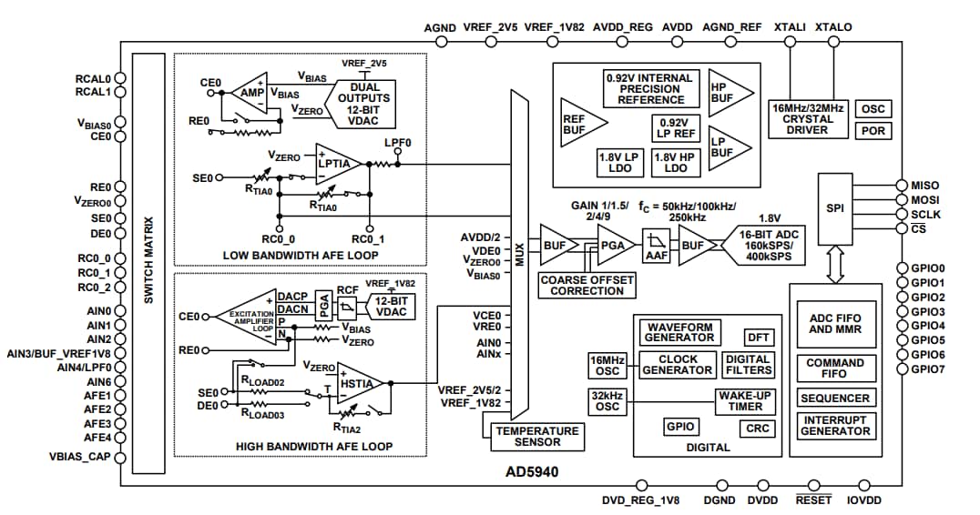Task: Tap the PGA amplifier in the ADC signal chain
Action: (x=612, y=243)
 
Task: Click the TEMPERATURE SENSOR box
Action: (x=536, y=437)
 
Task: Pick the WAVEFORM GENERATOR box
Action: (x=679, y=331)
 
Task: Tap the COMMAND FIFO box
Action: (x=835, y=368)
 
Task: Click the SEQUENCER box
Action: (x=835, y=398)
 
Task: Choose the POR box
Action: (x=873, y=130)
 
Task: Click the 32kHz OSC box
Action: (x=607, y=400)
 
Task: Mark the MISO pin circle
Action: (x=902, y=186)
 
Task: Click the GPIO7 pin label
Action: (x=927, y=369)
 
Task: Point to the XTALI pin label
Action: (x=789, y=27)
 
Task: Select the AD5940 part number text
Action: (x=532, y=472)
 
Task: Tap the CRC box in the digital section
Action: (x=757, y=428)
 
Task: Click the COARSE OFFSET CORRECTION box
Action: (x=587, y=285)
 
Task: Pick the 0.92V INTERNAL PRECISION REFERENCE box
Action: (x=650, y=89)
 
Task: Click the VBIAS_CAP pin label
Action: (x=79, y=456)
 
